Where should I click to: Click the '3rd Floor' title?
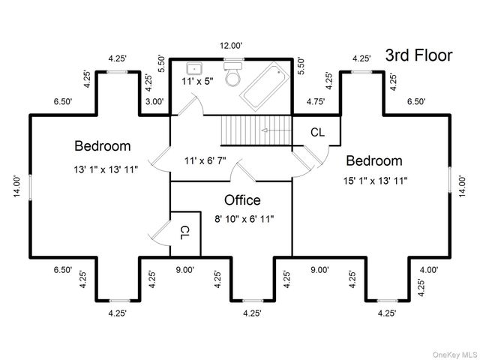(418, 55)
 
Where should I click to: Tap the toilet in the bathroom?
(233, 74)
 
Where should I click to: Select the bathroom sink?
(194, 68)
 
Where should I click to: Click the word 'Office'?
(242, 200)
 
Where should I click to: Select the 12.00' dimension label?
(231, 46)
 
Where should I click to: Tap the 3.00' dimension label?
(154, 101)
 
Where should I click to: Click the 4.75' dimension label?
(316, 101)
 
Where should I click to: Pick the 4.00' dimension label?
(429, 270)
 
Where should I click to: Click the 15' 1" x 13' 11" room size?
(375, 181)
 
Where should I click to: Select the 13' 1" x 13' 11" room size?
(106, 169)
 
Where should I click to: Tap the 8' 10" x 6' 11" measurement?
(244, 219)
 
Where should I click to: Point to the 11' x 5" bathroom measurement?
(197, 82)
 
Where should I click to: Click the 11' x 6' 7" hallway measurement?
(205, 160)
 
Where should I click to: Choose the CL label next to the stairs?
(317, 132)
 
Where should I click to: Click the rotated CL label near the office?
(185, 232)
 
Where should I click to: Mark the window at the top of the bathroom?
(233, 59)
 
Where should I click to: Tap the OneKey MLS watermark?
(455, 355)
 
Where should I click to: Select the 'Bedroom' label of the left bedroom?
(103, 145)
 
